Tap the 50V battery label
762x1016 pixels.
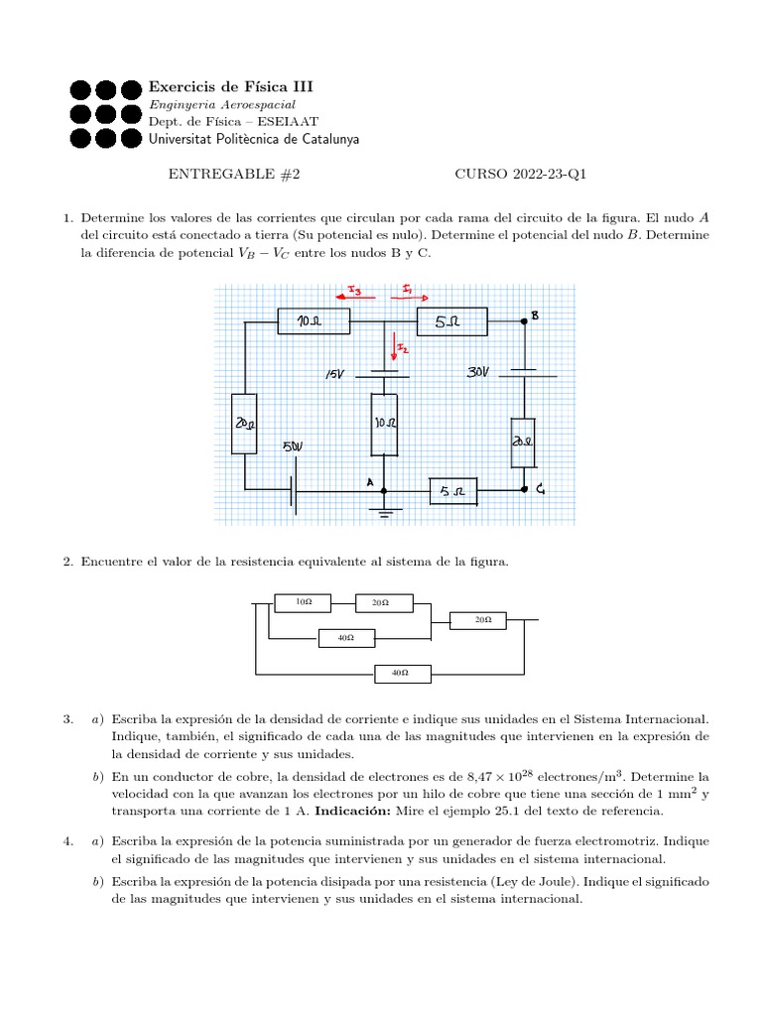click(294, 446)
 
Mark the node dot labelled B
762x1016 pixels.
click(524, 321)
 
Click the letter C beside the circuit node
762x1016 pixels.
click(541, 488)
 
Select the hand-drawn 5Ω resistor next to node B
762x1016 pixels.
click(452, 321)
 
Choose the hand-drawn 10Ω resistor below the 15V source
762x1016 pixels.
click(384, 424)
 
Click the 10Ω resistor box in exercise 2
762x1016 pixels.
click(305, 602)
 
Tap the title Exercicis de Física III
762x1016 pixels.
click(230, 87)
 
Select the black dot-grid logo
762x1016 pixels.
click(105, 112)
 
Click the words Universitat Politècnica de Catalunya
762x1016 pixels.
click(254, 139)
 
